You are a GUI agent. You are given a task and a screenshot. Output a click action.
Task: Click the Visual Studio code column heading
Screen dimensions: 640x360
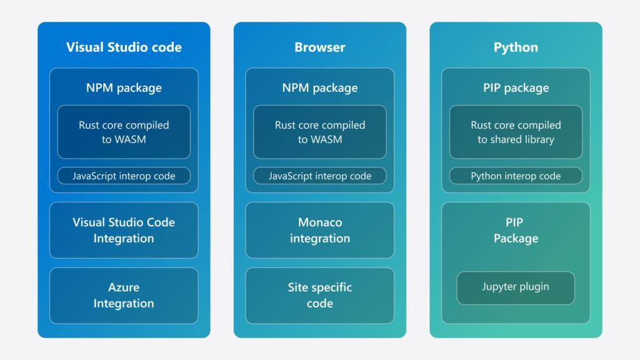[x=124, y=47]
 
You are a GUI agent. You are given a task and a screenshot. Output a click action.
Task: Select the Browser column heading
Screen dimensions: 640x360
[x=319, y=47]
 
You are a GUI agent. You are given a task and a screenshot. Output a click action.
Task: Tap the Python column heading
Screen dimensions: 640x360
[x=516, y=47]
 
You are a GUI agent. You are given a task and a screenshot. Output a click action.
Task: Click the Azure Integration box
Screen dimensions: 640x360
[x=124, y=296]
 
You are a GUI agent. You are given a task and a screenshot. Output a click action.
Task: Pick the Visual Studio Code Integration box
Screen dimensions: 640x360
[x=124, y=230]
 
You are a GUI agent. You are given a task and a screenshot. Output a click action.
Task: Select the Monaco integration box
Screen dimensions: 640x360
[x=319, y=230]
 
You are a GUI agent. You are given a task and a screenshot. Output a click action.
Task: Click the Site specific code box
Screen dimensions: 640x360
[x=319, y=296]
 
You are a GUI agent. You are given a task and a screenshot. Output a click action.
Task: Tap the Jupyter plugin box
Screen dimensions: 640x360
[x=516, y=287]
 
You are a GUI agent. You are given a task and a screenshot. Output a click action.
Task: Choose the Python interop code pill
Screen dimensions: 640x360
[x=516, y=176]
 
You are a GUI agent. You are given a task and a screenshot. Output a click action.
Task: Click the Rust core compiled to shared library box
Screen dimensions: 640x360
[x=516, y=132]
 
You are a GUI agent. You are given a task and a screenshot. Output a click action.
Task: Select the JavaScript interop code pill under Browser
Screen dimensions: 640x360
[x=319, y=176]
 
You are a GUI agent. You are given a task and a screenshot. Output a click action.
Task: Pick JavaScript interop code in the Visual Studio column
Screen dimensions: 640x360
[x=124, y=176]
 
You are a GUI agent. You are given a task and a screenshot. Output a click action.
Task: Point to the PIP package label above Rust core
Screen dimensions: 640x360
[x=516, y=87]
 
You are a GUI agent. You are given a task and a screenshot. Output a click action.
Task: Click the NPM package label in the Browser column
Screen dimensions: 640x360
[x=319, y=87]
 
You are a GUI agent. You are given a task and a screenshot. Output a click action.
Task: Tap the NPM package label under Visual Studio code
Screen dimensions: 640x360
[x=124, y=87]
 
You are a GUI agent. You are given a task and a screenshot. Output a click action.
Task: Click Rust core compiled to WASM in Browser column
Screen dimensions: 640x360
[x=319, y=132]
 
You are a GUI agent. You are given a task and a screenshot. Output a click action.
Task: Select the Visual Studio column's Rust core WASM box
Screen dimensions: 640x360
[x=124, y=132]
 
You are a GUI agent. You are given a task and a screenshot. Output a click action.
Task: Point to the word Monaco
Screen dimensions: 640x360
[x=320, y=222]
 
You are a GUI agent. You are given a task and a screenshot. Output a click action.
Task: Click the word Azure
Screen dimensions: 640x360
[x=124, y=287]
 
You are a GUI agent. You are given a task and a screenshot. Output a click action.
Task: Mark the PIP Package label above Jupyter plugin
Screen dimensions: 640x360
[x=516, y=230]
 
